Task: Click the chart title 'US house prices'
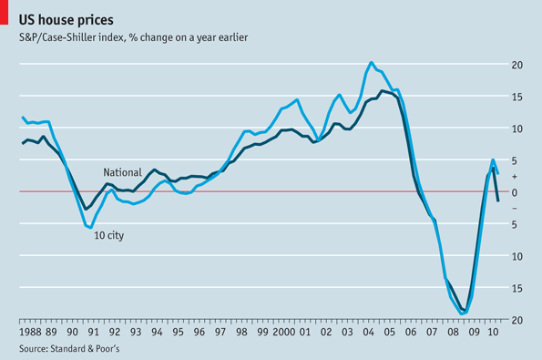point(66,20)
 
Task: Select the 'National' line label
point(122,172)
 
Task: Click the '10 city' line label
point(109,235)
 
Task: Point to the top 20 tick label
point(516,65)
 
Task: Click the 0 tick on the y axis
point(515,192)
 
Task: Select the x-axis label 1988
point(30,333)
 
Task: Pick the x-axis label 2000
point(284,333)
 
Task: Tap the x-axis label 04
point(369,333)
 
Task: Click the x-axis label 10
point(493,333)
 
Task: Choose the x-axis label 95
point(178,333)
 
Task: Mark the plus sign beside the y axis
point(515,177)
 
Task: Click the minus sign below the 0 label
point(515,208)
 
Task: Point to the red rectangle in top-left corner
point(4,12)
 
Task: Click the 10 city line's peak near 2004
point(372,63)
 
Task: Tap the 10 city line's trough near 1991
point(91,228)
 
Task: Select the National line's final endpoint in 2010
point(498,201)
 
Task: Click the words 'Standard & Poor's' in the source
point(85,348)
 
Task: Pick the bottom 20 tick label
point(516,320)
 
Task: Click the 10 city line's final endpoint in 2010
point(497,173)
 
